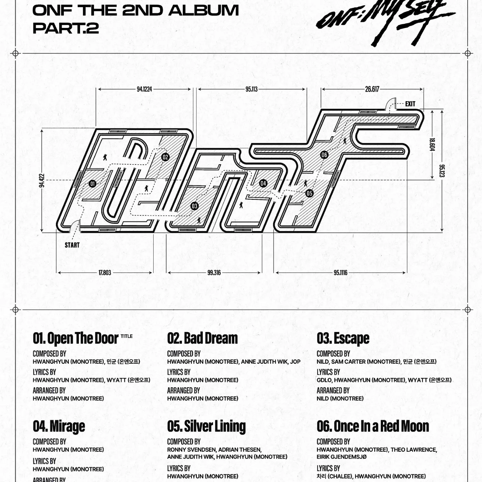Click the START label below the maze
pyautogui.click(x=72, y=245)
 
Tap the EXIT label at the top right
pyautogui.click(x=410, y=104)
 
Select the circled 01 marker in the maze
pyautogui.click(x=93, y=184)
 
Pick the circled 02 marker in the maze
pyautogui.click(x=165, y=157)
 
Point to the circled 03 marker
pyautogui.click(x=194, y=206)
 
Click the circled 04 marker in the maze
pyautogui.click(x=263, y=183)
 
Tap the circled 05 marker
pyautogui.click(x=309, y=193)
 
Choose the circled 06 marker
pyautogui.click(x=324, y=155)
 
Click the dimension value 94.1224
pyautogui.click(x=144, y=89)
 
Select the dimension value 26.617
pyautogui.click(x=372, y=89)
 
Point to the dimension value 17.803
pyautogui.click(x=105, y=273)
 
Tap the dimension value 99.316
pyautogui.click(x=214, y=273)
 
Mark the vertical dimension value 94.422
pyautogui.click(x=41, y=181)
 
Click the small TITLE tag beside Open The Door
pyautogui.click(x=127, y=336)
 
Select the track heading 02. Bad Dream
pyautogui.click(x=202, y=338)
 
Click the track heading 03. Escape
pyautogui.click(x=343, y=339)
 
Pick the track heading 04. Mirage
pyautogui.click(x=59, y=427)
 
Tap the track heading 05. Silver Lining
pyautogui.click(x=206, y=427)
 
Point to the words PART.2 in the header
pyautogui.click(x=66, y=28)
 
